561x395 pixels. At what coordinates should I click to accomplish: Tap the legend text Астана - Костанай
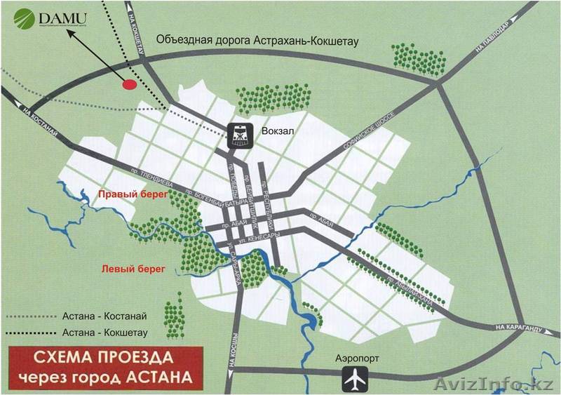(x=99, y=317)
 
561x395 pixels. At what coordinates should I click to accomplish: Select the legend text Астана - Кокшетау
(x=99, y=333)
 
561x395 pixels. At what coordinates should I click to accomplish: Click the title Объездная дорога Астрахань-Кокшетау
(x=257, y=41)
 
